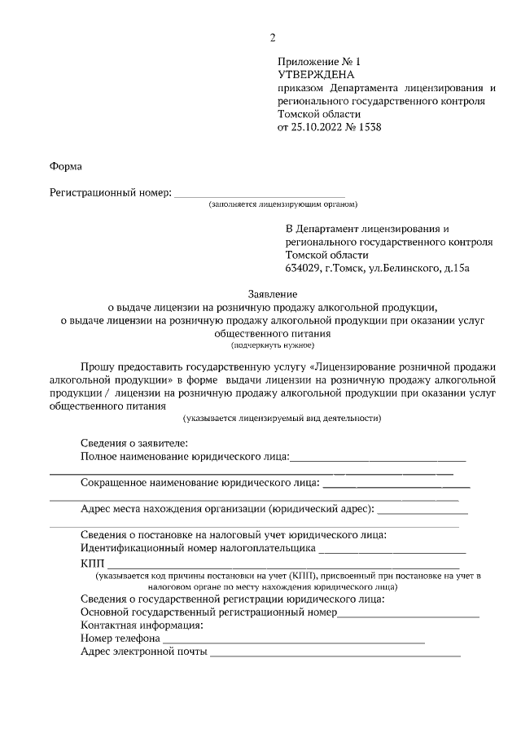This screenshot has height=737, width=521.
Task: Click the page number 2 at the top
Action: click(x=274, y=37)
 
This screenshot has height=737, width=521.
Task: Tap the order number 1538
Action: click(x=369, y=127)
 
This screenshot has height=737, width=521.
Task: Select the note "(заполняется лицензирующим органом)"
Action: click(x=282, y=204)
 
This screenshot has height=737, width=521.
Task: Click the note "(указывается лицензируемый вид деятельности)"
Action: click(x=282, y=418)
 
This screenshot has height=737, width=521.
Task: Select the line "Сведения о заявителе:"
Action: click(x=134, y=444)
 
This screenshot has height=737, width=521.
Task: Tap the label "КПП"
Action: click(x=93, y=564)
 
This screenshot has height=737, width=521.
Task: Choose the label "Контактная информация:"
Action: click(x=142, y=625)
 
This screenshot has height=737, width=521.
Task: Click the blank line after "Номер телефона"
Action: click(x=293, y=640)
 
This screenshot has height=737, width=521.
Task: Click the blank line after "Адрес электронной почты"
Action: click(x=335, y=653)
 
